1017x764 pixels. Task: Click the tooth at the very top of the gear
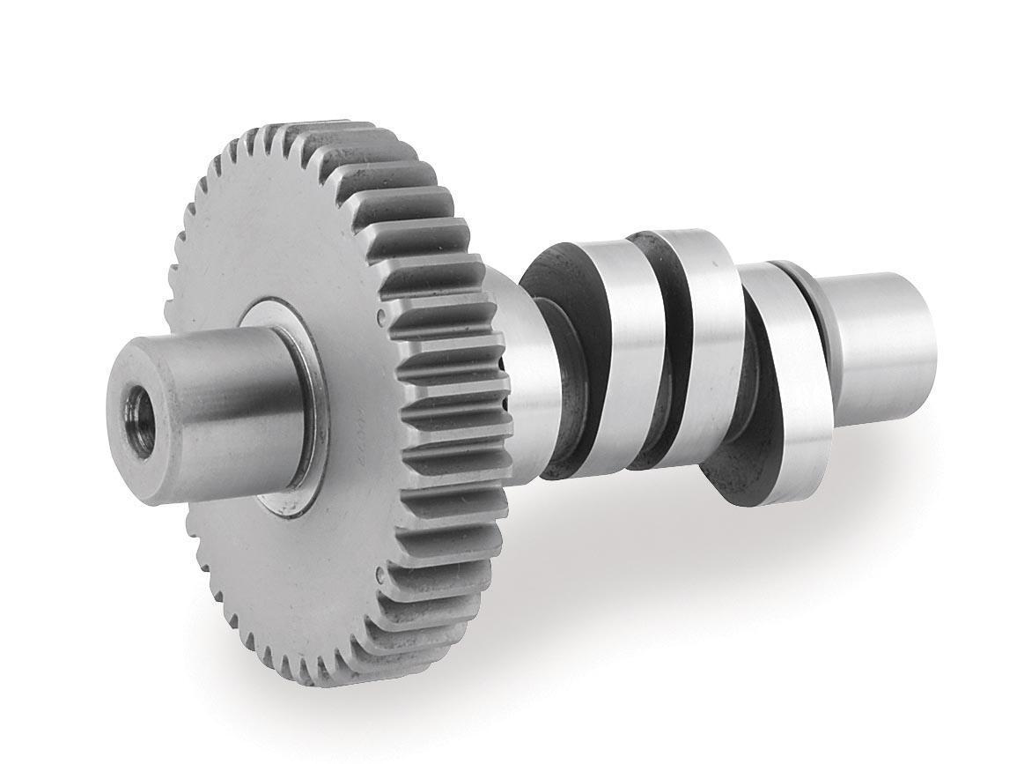(339, 128)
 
